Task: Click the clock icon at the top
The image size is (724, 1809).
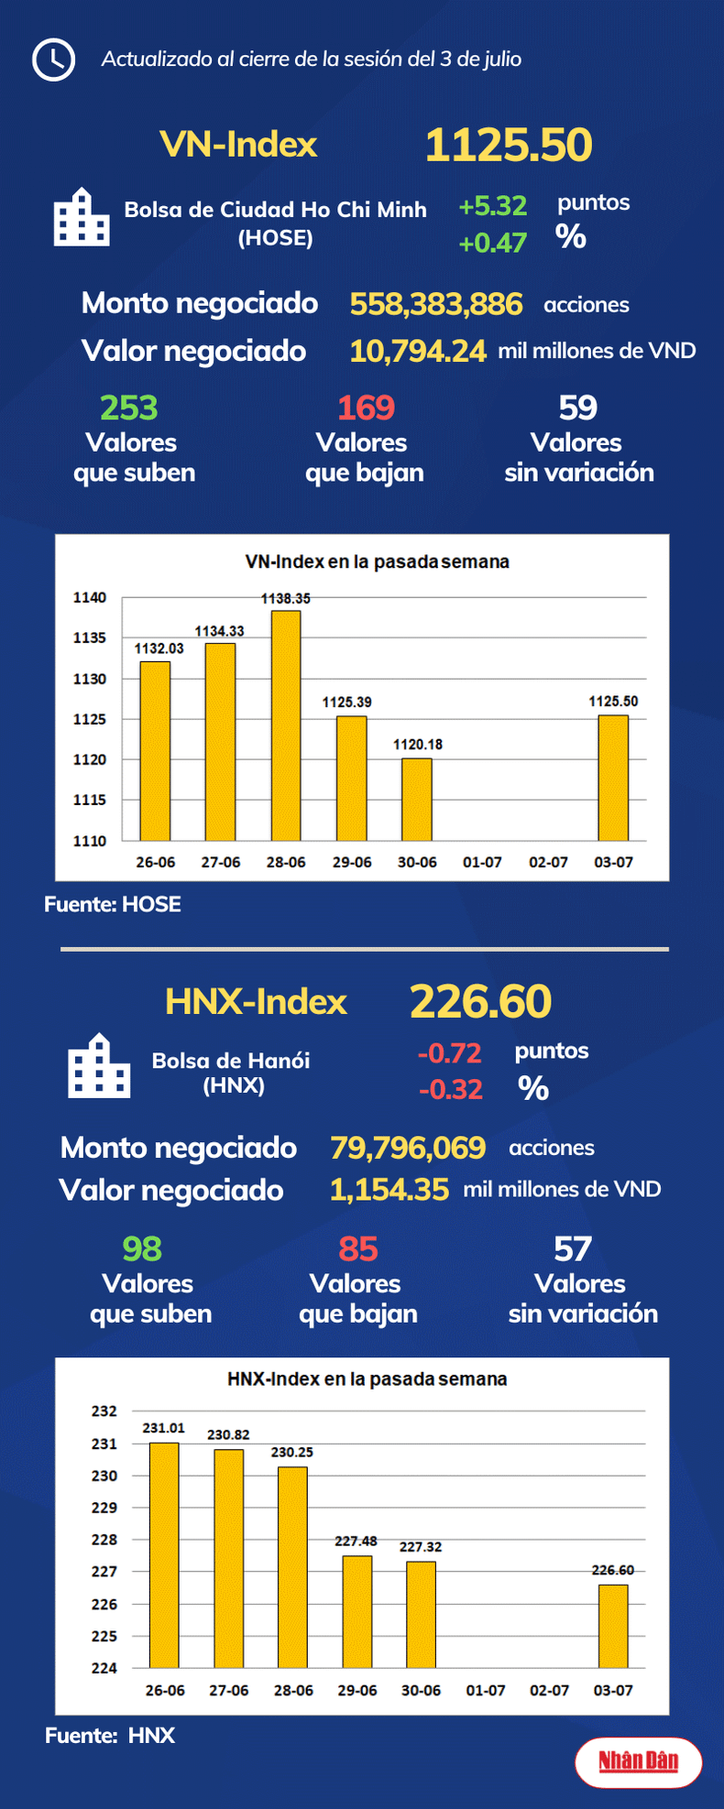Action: click(x=53, y=60)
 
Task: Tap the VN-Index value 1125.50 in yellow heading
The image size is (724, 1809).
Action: click(x=509, y=145)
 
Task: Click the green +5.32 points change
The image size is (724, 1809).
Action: click(x=493, y=206)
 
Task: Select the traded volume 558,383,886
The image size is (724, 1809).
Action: click(x=436, y=304)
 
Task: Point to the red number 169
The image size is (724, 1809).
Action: click(x=366, y=408)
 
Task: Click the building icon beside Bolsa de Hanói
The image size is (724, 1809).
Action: click(x=99, y=1066)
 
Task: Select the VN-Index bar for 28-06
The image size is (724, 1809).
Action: click(x=286, y=725)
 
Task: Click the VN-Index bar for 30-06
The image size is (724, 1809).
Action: click(x=417, y=799)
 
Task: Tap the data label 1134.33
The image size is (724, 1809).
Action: click(x=219, y=631)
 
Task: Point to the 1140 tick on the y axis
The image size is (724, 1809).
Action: click(x=90, y=597)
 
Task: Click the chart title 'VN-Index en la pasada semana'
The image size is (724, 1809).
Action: click(x=377, y=561)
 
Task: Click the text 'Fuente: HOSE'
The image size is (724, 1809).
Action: click(x=113, y=904)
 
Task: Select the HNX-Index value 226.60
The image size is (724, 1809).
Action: click(x=480, y=1001)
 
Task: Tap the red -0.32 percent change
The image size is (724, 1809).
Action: click(x=450, y=1089)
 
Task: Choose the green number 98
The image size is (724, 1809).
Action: click(x=142, y=1248)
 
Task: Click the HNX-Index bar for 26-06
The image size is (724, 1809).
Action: click(x=164, y=1554)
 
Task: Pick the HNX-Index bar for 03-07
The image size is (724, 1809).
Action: click(x=613, y=1626)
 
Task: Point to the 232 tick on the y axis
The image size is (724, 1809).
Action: click(x=104, y=1411)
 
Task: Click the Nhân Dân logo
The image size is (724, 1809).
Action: click(x=638, y=1761)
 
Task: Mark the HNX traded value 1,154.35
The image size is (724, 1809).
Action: click(x=389, y=1190)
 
